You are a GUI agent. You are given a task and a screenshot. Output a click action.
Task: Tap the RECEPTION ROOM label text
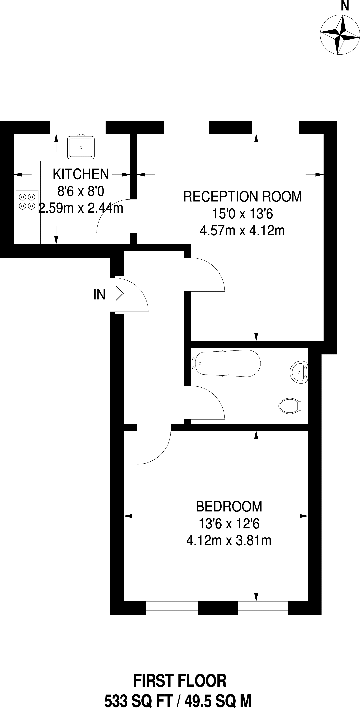point(242,197)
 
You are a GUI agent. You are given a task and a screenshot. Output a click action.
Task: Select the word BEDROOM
point(229,507)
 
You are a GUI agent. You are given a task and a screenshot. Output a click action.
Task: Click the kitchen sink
point(81,148)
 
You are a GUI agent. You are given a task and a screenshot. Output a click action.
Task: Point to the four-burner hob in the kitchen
point(27,201)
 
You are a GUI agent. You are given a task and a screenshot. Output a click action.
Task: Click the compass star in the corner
point(340,35)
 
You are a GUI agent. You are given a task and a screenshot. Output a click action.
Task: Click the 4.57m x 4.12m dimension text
point(242,231)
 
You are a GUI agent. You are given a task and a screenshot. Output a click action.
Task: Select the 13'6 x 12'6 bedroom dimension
point(229,524)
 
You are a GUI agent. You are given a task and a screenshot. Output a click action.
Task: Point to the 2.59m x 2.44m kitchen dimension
point(81,208)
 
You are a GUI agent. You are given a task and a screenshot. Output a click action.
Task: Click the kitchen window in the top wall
point(78,127)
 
